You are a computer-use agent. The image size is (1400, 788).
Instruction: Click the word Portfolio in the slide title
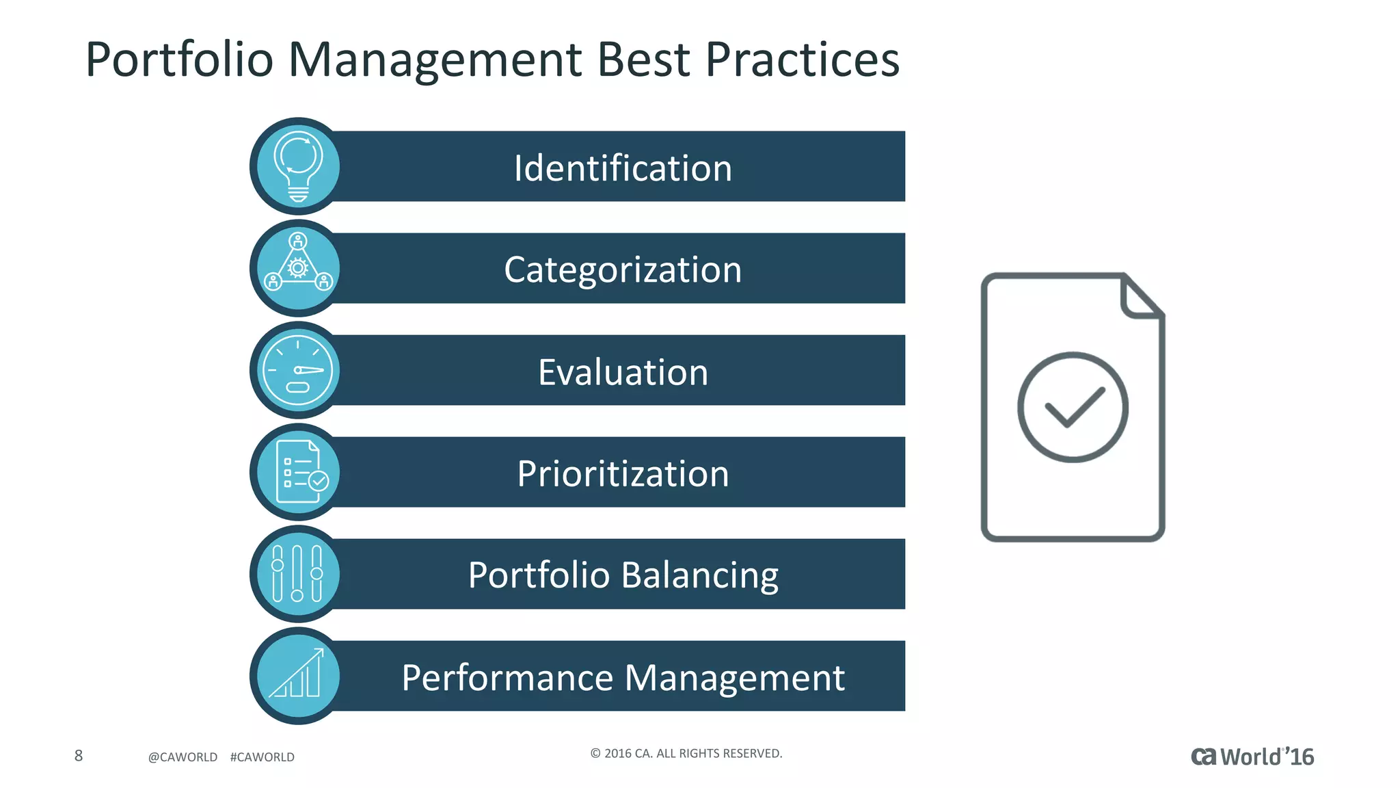[x=179, y=60]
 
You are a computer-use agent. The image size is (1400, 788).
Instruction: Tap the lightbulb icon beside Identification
[x=298, y=166]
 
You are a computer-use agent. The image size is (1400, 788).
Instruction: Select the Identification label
[x=623, y=168]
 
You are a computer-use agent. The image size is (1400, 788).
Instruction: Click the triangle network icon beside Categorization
[x=298, y=267]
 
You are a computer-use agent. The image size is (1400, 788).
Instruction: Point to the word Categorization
[x=623, y=270]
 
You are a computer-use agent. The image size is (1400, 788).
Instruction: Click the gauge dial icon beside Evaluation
[x=298, y=370]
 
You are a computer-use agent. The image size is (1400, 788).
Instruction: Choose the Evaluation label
[x=623, y=372]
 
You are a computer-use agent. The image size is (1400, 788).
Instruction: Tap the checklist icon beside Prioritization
[x=299, y=472]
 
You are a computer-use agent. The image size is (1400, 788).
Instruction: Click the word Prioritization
[x=623, y=473]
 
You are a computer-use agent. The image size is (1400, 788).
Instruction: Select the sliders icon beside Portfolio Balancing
[x=297, y=573]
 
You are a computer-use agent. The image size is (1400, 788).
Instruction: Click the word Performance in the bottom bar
[x=507, y=678]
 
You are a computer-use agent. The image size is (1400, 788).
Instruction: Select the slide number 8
[x=79, y=755]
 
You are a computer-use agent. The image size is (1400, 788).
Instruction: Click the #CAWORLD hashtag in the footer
[x=262, y=757]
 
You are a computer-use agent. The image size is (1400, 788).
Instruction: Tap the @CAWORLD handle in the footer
[x=183, y=757]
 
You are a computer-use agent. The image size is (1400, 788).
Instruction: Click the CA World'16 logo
[x=1252, y=757]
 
